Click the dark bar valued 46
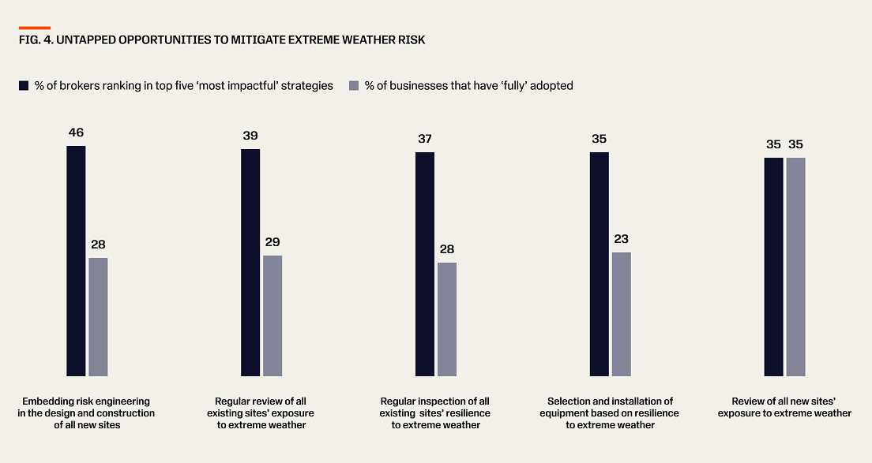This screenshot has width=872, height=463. [76, 260]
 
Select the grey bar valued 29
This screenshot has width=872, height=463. [272, 316]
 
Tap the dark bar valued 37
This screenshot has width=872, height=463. [425, 263]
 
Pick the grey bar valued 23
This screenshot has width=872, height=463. [622, 314]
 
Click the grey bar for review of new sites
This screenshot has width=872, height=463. [795, 267]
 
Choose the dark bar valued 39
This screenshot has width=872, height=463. [250, 262]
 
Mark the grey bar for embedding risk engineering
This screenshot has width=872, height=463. [98, 316]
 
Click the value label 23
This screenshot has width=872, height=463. [621, 239]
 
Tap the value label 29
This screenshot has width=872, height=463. [272, 242]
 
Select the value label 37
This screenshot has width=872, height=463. [425, 139]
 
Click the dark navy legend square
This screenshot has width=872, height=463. [24, 85]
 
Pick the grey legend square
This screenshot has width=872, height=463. [354, 85]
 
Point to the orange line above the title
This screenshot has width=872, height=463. [35, 28]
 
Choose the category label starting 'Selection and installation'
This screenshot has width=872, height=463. [609, 413]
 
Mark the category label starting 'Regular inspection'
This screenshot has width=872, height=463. [435, 413]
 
